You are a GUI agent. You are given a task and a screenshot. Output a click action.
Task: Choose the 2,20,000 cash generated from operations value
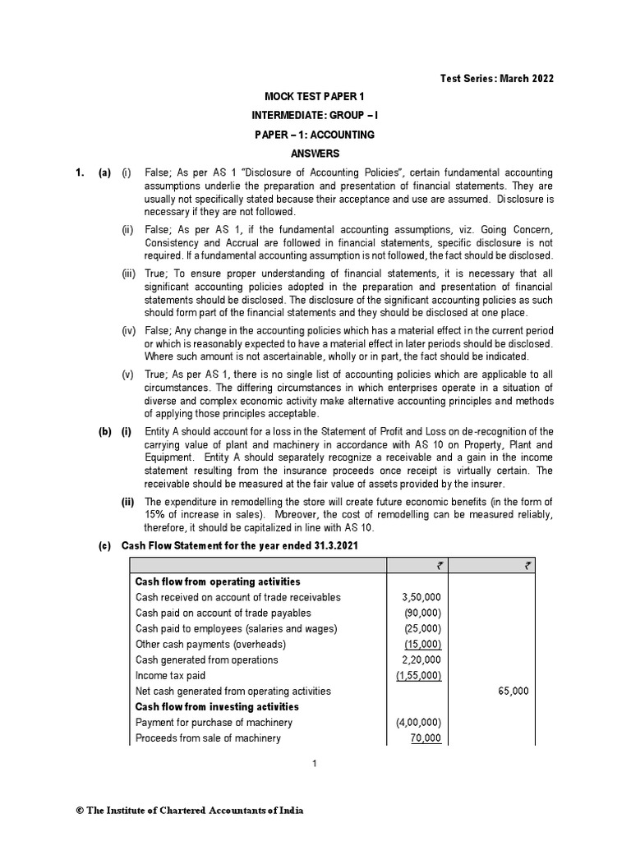click(x=421, y=659)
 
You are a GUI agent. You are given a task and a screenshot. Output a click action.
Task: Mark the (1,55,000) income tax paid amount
click(x=418, y=675)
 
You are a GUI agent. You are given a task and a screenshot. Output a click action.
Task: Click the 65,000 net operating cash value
click(x=514, y=691)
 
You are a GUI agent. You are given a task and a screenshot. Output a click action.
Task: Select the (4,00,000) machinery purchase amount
click(x=418, y=722)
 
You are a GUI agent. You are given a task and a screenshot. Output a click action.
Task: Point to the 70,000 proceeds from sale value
click(x=425, y=738)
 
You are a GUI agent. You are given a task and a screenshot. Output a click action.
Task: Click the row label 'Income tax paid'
click(x=170, y=675)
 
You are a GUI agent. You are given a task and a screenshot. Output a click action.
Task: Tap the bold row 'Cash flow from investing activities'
click(x=217, y=706)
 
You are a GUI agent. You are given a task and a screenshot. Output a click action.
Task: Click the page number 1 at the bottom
click(x=314, y=764)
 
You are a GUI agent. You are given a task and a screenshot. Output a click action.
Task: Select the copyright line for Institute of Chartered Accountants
click(x=189, y=811)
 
